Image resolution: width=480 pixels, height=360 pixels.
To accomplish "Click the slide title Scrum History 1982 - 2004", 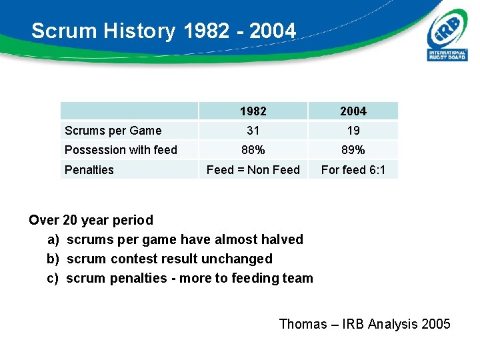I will click(x=163, y=31).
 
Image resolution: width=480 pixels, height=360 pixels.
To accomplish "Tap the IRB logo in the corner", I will click(x=447, y=38).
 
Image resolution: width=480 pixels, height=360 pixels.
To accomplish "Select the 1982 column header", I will click(x=253, y=111).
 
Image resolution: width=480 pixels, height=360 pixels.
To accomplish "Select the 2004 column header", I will click(x=353, y=111).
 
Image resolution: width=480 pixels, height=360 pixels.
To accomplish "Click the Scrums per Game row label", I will click(x=113, y=131).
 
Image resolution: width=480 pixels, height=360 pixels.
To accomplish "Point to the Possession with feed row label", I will click(x=121, y=150).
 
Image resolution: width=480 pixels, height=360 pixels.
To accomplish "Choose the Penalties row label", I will click(x=89, y=170).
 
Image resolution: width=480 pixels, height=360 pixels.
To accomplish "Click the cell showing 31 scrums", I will click(x=253, y=131).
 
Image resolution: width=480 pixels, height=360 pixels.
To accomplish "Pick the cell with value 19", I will click(x=353, y=131).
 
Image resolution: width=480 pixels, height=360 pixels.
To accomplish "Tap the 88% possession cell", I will click(x=253, y=150).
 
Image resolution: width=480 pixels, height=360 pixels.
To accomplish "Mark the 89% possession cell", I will click(x=353, y=150).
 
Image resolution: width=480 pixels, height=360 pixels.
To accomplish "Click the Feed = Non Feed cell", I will click(x=253, y=170).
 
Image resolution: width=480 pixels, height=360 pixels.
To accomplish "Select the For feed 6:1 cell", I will click(x=353, y=170).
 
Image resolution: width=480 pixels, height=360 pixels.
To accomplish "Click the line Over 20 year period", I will click(x=91, y=220).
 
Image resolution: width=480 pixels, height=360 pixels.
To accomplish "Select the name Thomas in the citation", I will click(x=303, y=324).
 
